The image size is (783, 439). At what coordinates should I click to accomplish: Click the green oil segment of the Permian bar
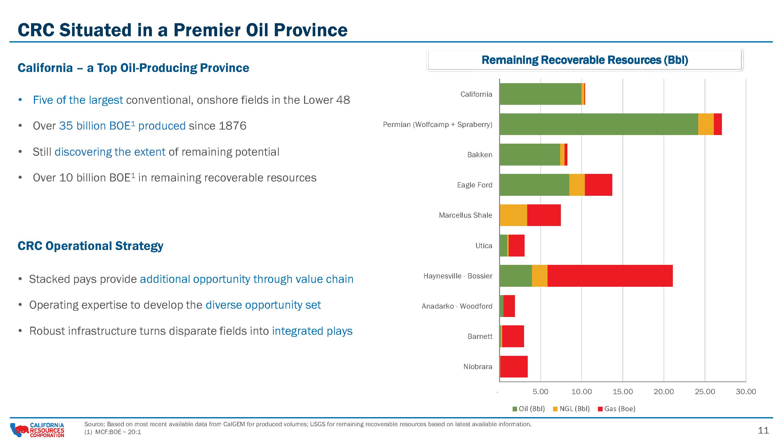click(x=599, y=124)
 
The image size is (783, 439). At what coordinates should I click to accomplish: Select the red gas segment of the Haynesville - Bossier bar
click(x=610, y=276)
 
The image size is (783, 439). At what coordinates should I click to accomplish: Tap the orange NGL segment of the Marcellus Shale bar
click(x=513, y=215)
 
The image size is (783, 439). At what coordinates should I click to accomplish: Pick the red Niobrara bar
click(x=514, y=367)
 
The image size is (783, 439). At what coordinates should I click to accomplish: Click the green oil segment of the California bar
click(x=541, y=94)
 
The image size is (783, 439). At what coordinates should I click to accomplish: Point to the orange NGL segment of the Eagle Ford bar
click(x=577, y=185)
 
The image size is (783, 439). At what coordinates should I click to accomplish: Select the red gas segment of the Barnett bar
click(x=513, y=336)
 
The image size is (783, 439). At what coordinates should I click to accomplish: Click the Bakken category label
click(x=480, y=155)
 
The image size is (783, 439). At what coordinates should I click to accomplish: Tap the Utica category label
click(x=484, y=246)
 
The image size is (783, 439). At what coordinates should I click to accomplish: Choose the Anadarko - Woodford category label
click(x=457, y=306)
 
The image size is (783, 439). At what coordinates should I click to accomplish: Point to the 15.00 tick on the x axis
click(x=622, y=392)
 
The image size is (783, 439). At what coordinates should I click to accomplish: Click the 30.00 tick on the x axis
click(x=746, y=392)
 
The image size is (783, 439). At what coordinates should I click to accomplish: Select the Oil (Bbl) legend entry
click(x=529, y=409)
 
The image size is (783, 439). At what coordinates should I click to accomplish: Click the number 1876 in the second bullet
click(x=232, y=126)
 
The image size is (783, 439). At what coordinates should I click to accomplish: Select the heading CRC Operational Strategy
click(x=91, y=246)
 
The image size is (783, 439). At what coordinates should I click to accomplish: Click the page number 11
click(x=763, y=430)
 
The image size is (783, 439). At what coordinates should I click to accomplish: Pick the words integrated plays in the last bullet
click(x=312, y=331)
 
